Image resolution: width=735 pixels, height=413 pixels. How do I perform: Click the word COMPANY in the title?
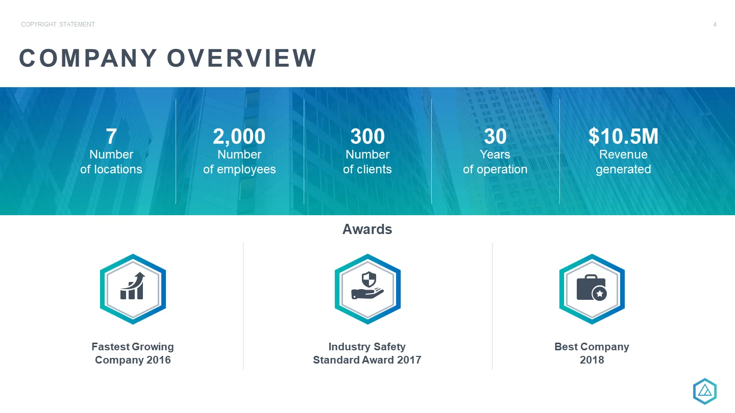click(88, 58)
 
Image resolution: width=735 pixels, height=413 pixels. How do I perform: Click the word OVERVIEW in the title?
click(241, 58)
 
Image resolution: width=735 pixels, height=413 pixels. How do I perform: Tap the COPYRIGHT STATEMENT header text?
click(58, 24)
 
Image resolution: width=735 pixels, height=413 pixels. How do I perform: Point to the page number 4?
click(715, 24)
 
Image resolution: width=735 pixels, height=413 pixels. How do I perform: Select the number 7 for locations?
click(111, 136)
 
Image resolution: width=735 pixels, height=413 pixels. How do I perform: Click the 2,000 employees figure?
click(239, 137)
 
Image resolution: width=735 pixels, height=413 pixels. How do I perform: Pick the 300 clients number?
click(367, 136)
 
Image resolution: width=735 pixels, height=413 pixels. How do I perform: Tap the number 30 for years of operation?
click(495, 136)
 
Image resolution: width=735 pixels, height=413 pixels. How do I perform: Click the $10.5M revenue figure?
click(623, 136)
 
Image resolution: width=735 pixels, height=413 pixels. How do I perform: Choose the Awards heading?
click(367, 229)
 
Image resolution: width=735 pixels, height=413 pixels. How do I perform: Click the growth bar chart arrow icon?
click(133, 286)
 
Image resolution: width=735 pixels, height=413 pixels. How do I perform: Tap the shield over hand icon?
click(367, 285)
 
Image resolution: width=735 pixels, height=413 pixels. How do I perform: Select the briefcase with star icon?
click(592, 288)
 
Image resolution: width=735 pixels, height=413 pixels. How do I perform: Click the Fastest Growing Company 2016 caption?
click(133, 353)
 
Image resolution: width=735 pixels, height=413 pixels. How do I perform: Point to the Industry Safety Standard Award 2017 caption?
click(367, 353)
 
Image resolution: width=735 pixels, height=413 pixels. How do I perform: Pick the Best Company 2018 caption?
click(592, 353)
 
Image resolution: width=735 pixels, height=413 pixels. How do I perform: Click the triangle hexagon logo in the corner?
click(705, 392)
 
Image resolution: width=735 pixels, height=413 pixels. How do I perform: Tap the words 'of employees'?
click(239, 169)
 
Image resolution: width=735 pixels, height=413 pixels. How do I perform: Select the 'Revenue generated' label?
click(623, 162)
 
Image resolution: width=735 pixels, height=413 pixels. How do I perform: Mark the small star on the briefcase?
click(600, 293)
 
